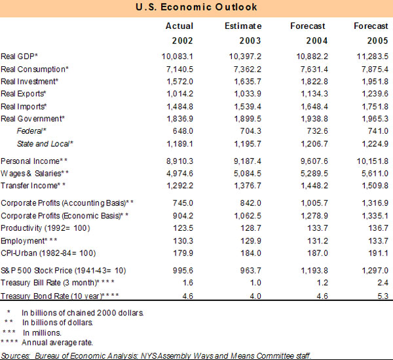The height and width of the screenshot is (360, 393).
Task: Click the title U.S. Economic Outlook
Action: coord(196,7)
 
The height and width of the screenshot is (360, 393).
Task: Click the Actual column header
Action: coord(179,26)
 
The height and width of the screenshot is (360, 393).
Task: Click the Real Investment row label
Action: coord(30,81)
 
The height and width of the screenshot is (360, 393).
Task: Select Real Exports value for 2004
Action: coord(310,94)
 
